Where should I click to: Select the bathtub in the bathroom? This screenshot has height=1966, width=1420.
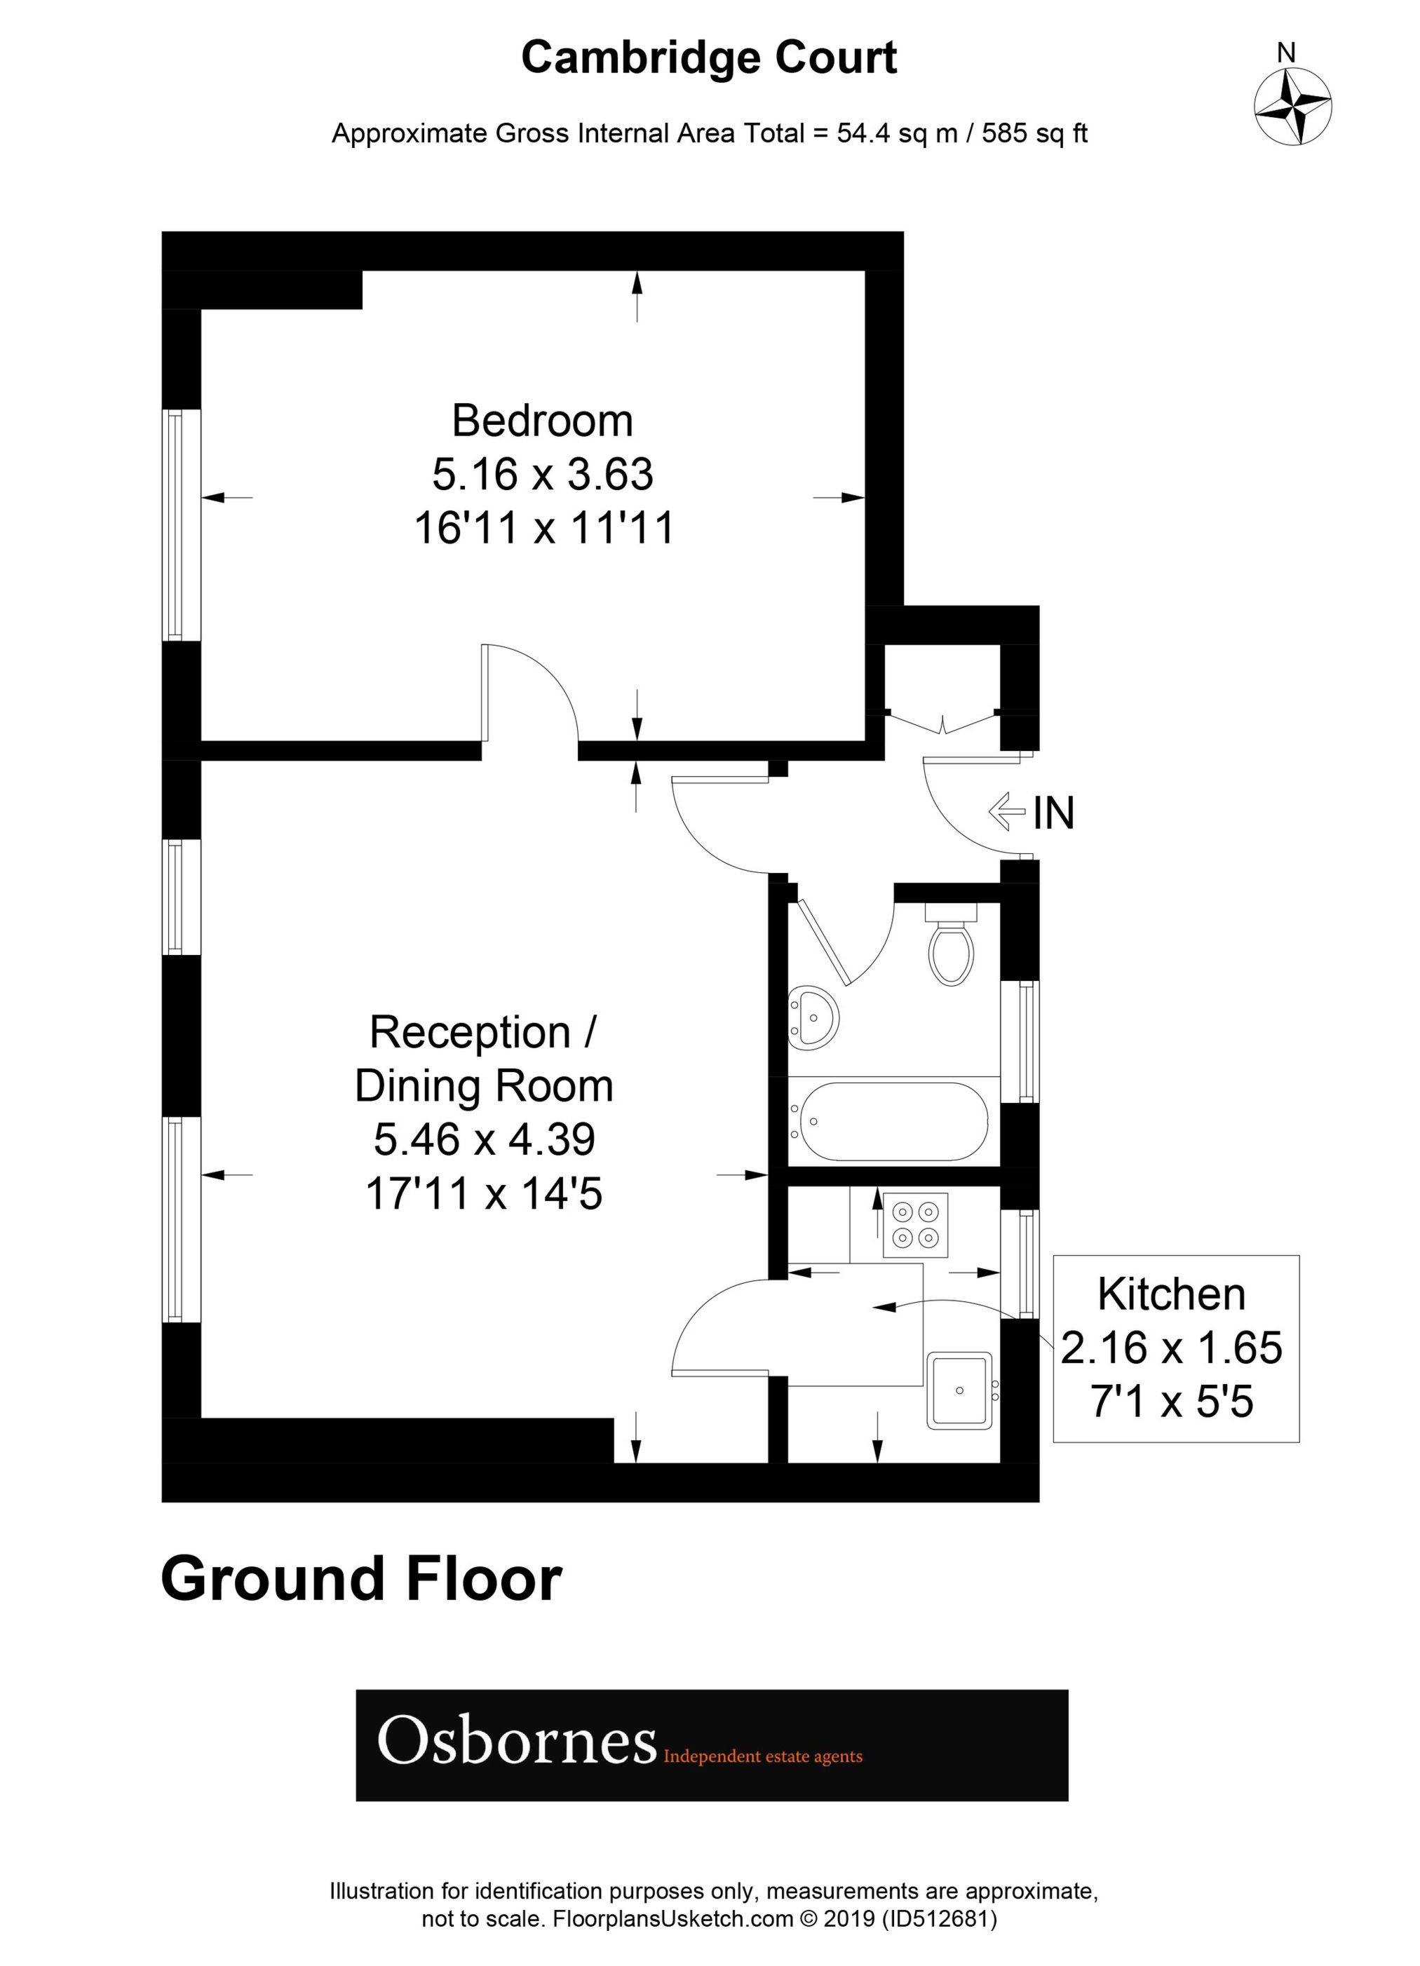[893, 1122]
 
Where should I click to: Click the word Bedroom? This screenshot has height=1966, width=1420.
[543, 421]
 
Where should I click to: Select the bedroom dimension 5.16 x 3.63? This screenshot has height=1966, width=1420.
[543, 474]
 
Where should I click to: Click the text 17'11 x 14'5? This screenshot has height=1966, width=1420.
[484, 1193]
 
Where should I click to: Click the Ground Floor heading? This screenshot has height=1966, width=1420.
[362, 1580]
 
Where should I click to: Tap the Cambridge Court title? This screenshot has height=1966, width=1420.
[708, 58]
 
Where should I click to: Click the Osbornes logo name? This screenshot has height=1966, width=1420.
[517, 1742]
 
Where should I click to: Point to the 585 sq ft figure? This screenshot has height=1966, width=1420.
[1034, 133]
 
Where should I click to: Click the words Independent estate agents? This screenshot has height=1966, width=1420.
[763, 1757]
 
